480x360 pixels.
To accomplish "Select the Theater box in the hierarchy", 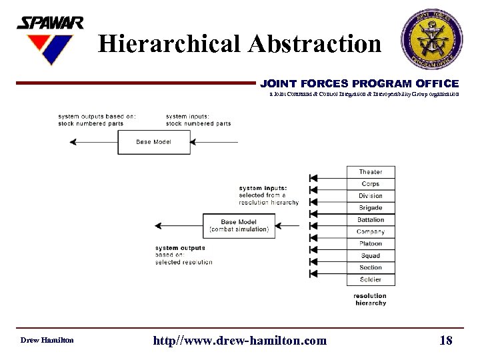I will tap(371, 172).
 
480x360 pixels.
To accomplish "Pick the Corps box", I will tap(371, 184).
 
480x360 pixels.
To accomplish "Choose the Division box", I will tap(371, 196).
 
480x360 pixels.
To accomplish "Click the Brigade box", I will tap(371, 208).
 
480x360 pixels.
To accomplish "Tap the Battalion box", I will tap(371, 220).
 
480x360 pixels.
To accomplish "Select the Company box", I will tap(371, 232).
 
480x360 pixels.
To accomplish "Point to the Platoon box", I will tap(371, 244).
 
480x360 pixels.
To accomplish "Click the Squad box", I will tap(371, 256).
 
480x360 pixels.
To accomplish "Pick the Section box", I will tap(371, 268).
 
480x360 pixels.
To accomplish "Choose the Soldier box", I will tap(371, 280).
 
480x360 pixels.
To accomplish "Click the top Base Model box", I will tap(153, 141).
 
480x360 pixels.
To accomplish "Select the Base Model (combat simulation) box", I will tap(239, 225).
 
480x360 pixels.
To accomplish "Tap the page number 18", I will tap(446, 341).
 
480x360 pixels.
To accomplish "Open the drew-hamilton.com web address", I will tap(240, 341).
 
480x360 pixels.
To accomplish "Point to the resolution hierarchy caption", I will tap(370, 299).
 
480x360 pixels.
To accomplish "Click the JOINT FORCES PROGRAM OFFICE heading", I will tap(359, 84).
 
